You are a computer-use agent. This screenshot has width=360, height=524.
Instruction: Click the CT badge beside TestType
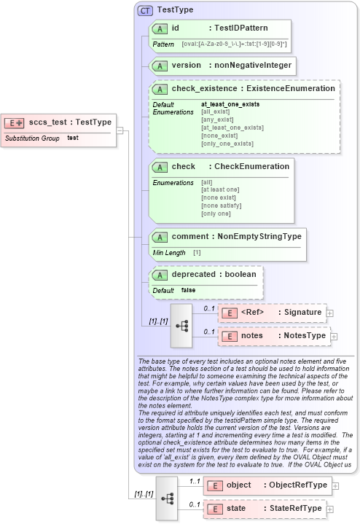pos(145,10)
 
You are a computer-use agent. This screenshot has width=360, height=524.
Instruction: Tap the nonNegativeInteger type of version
pos(253,66)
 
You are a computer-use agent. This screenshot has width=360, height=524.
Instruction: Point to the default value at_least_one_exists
pos(230,104)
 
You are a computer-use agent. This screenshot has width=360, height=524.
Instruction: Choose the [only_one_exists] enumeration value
pos(227,144)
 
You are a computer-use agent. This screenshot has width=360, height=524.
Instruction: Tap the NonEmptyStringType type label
pos(263,236)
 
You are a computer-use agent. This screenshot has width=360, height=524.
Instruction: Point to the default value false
pos(188,290)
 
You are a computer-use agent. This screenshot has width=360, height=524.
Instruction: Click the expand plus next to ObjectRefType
pos(336,485)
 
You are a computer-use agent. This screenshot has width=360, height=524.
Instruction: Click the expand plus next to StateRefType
pos(329,508)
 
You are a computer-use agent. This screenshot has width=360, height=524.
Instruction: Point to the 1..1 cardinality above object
pos(195,481)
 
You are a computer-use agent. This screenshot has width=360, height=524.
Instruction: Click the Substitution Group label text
pos(32,137)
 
